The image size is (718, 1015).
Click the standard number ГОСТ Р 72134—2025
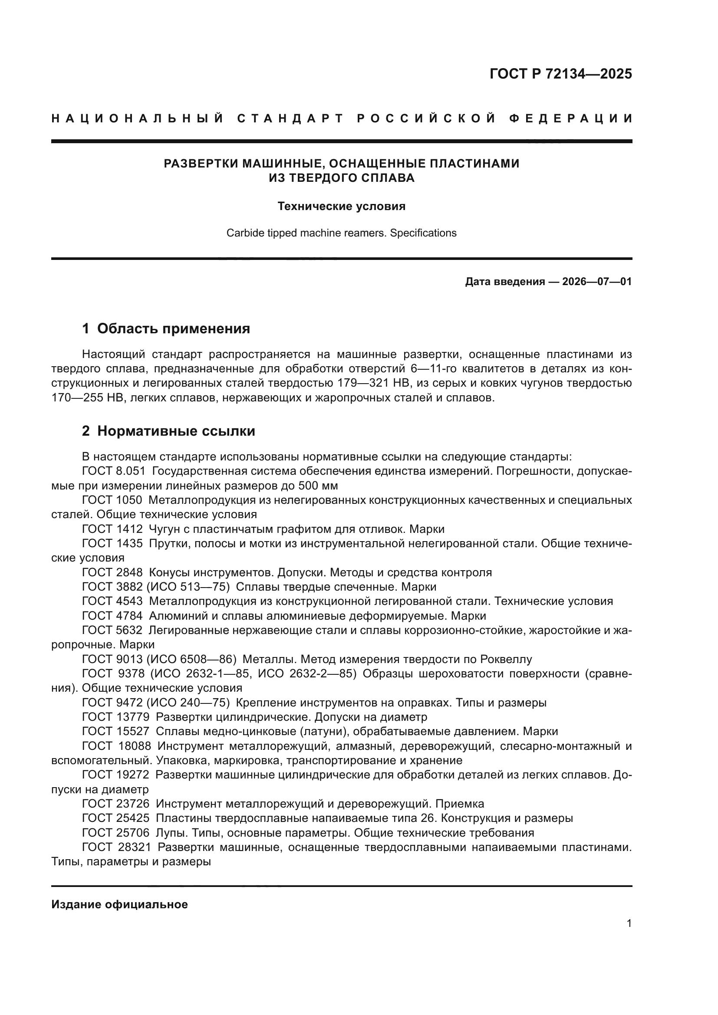560,74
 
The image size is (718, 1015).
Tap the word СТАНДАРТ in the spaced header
290,118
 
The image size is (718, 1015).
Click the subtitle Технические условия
341,207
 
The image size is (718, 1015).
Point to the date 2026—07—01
597,282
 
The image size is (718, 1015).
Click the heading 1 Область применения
166,328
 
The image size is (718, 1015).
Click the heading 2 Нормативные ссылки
168,431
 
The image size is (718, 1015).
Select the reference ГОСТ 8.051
114,471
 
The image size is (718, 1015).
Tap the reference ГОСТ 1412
112,529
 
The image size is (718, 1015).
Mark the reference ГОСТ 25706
116,833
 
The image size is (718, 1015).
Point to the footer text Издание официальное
119,904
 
